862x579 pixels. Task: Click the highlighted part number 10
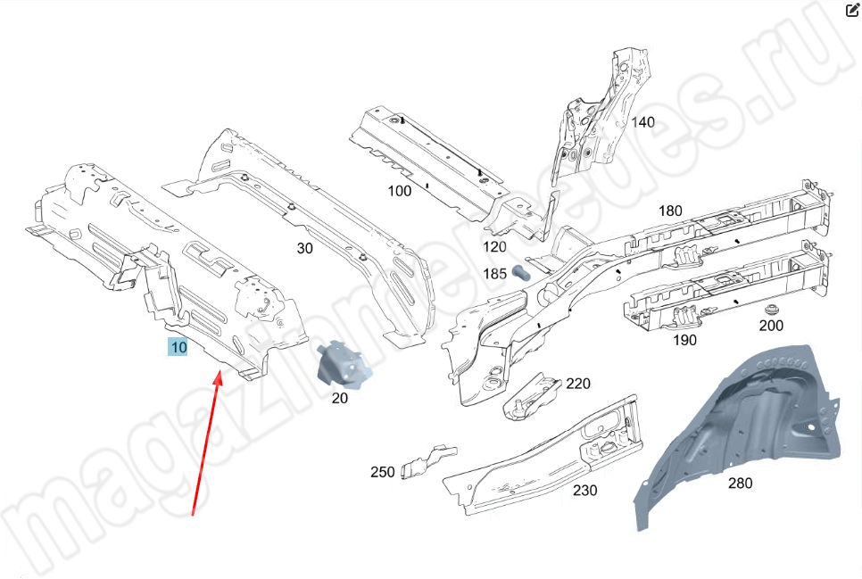[178, 346]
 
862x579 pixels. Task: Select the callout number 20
[339, 399]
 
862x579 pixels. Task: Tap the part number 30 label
[305, 249]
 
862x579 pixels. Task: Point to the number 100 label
[400, 191]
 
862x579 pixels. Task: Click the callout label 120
[494, 247]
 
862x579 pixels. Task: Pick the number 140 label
[642, 122]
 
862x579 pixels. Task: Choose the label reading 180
[670, 211]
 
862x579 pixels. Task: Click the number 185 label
[495, 273]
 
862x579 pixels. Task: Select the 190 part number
[685, 340]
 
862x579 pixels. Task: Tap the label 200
[771, 326]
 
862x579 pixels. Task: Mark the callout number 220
[578, 385]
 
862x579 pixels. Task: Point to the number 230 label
[585, 490]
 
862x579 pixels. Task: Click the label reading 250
[383, 472]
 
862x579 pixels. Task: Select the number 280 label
[740, 484]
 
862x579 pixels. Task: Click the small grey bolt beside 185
[522, 272]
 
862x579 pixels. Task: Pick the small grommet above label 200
[769, 308]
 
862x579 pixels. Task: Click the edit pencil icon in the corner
[851, 10]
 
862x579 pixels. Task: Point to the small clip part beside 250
[423, 462]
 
